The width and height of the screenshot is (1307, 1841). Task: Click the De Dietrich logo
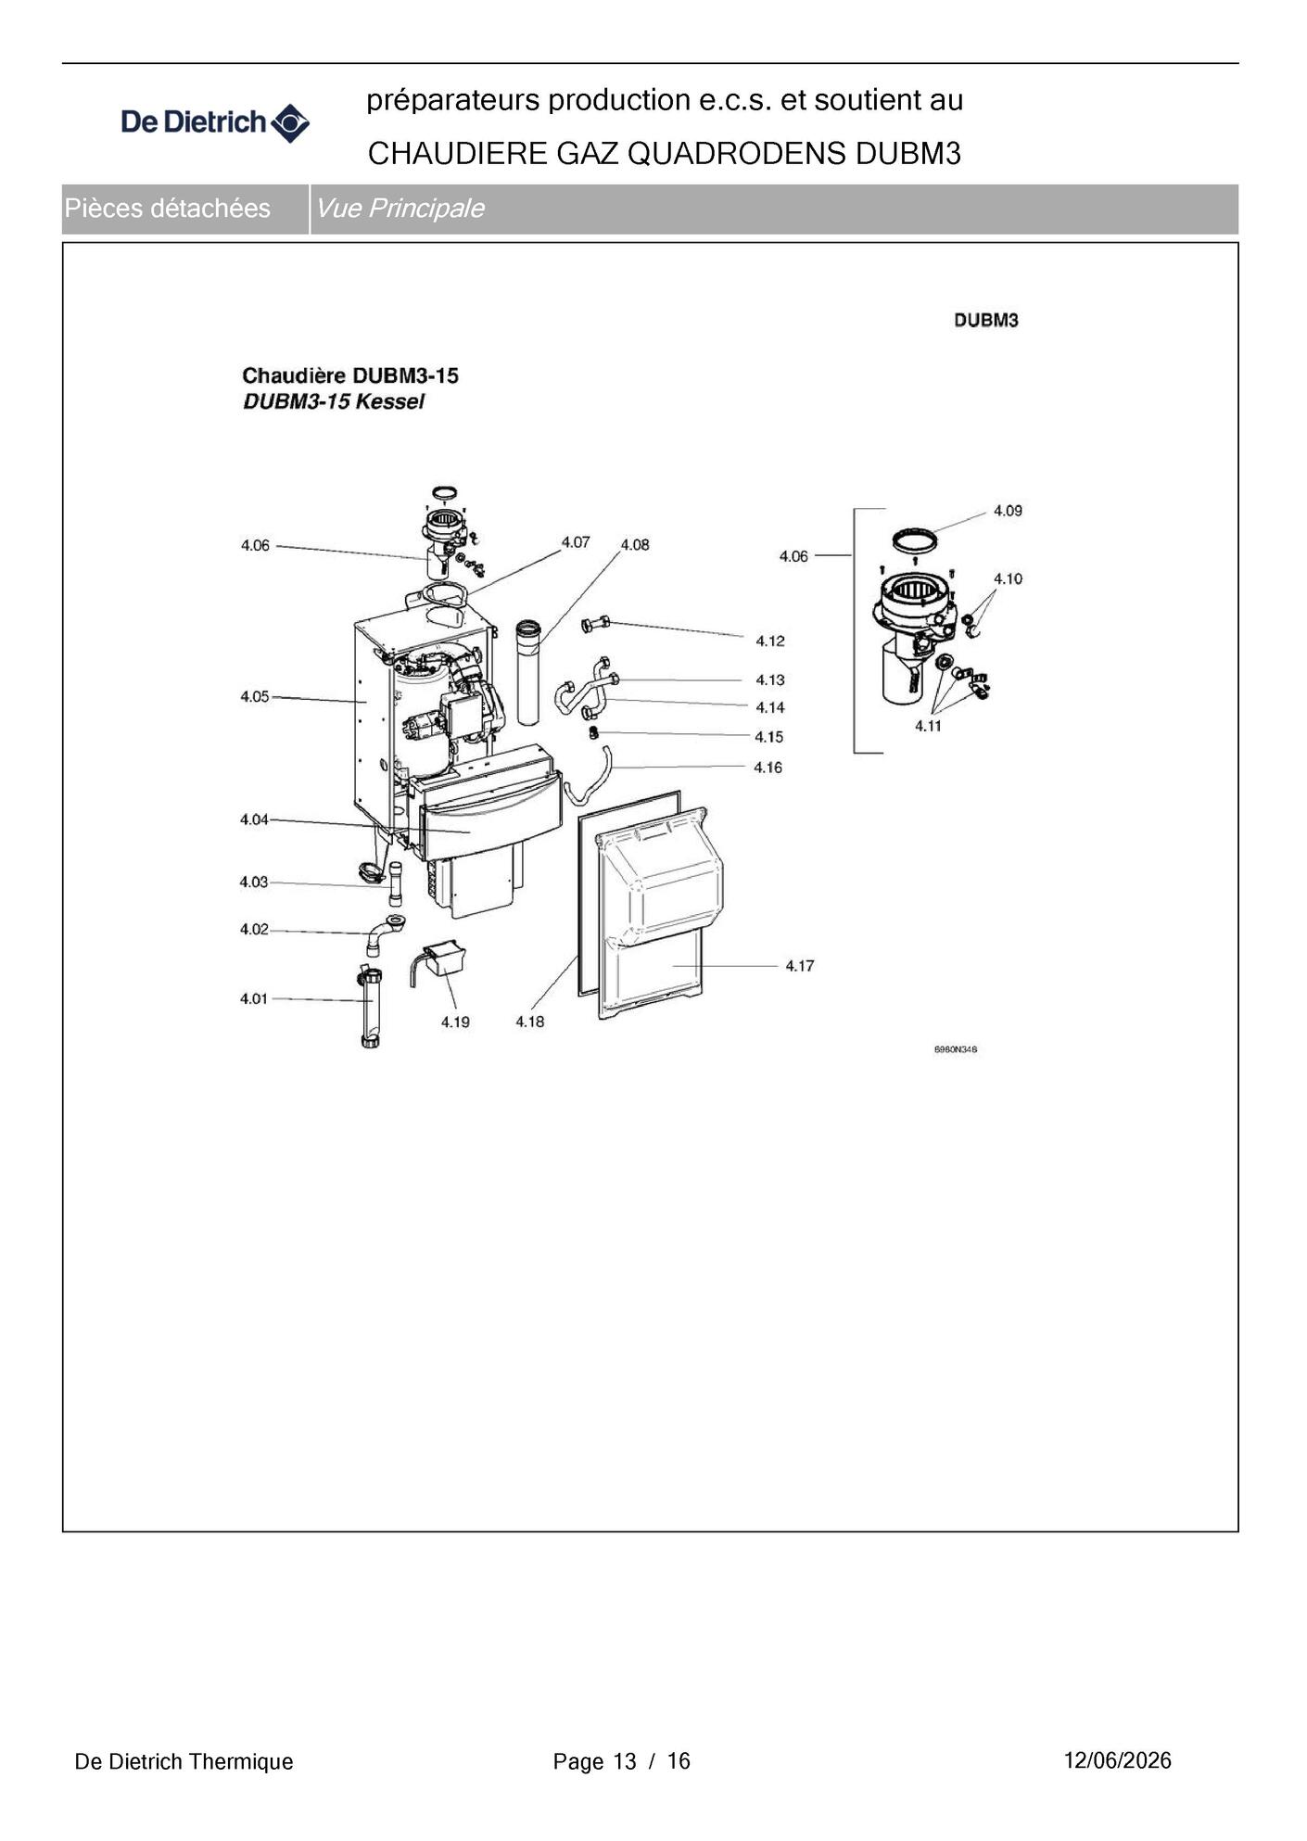(x=215, y=122)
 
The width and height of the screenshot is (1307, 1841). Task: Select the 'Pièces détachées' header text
(x=168, y=209)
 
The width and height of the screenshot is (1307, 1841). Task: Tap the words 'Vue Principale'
(x=400, y=209)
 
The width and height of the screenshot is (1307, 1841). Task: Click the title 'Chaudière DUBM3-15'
(x=350, y=375)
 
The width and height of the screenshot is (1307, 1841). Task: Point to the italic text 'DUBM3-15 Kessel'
(x=334, y=401)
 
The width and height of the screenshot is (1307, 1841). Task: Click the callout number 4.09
(x=1008, y=511)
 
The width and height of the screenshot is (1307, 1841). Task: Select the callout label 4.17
(x=800, y=966)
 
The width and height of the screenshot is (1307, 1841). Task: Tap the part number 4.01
(x=254, y=998)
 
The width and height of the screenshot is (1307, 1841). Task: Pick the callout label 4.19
(x=455, y=1022)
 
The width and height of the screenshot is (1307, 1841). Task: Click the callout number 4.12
(x=770, y=641)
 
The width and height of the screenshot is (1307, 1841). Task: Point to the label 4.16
(x=768, y=768)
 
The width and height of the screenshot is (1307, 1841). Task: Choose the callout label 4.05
(x=255, y=696)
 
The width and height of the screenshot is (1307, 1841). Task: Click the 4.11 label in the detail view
(x=928, y=726)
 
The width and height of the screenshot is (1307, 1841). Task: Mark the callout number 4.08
(x=635, y=545)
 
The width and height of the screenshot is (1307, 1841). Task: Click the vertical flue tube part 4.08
(x=527, y=672)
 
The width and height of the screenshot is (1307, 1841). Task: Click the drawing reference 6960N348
(x=956, y=1049)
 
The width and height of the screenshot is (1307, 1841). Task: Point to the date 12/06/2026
(x=1118, y=1760)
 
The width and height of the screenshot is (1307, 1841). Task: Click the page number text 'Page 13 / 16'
(x=622, y=1761)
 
